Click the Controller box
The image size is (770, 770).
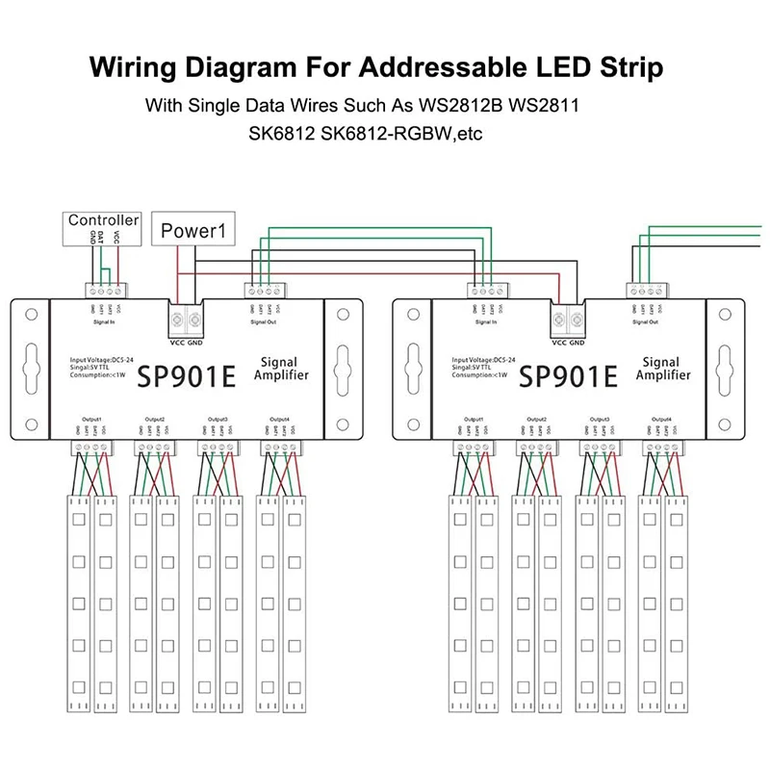pos(104,220)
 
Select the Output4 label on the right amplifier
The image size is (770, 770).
pos(662,420)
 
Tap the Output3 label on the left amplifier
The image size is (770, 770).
pos(217,420)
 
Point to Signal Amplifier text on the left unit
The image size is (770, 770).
pos(280,368)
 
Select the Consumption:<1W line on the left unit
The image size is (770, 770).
pos(100,374)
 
